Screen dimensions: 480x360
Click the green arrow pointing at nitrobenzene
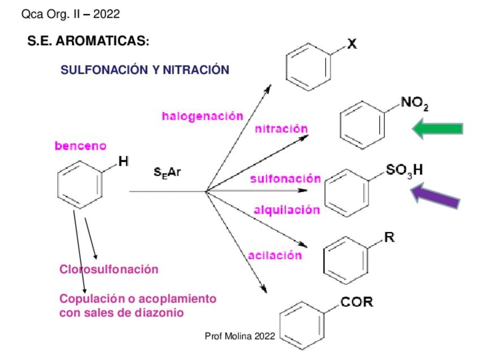438,128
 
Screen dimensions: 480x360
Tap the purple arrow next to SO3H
435,196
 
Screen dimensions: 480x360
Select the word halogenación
202,117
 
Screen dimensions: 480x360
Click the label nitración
281,128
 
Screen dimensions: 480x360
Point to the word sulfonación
285,178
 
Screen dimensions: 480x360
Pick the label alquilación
287,210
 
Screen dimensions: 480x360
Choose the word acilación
275,255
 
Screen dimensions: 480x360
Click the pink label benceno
80,145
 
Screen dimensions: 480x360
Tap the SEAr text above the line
167,172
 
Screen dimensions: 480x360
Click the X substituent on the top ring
352,44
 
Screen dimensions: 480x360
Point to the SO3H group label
404,170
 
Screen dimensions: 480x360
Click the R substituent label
389,237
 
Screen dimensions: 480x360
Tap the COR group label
357,302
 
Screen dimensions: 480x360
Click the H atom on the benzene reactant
123,161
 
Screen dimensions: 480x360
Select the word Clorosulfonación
109,269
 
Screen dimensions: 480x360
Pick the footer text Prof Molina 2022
239,336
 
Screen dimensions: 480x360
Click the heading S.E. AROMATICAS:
88,41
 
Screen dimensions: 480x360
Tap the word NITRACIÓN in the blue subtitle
196,70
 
